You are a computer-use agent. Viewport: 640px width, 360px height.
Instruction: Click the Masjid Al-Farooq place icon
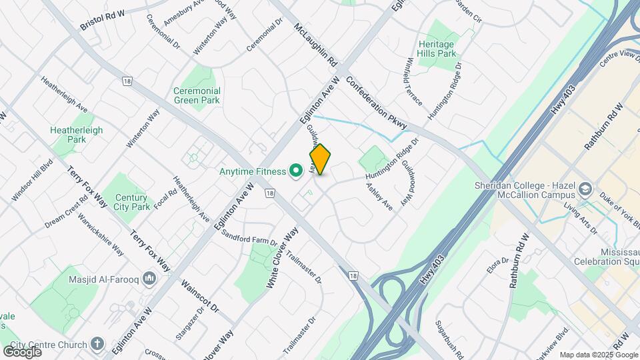[x=149, y=278]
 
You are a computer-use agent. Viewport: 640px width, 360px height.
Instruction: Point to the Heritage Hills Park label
[x=437, y=49]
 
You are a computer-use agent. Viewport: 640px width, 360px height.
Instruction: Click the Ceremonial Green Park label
[x=197, y=95]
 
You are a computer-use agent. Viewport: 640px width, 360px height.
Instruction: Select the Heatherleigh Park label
[x=77, y=135]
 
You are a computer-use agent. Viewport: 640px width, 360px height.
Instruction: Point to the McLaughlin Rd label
[x=316, y=46]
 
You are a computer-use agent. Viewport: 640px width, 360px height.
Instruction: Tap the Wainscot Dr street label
[x=199, y=297]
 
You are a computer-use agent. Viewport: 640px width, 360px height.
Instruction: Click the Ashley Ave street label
[x=379, y=197]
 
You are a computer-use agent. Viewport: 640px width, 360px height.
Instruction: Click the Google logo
[x=22, y=351]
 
